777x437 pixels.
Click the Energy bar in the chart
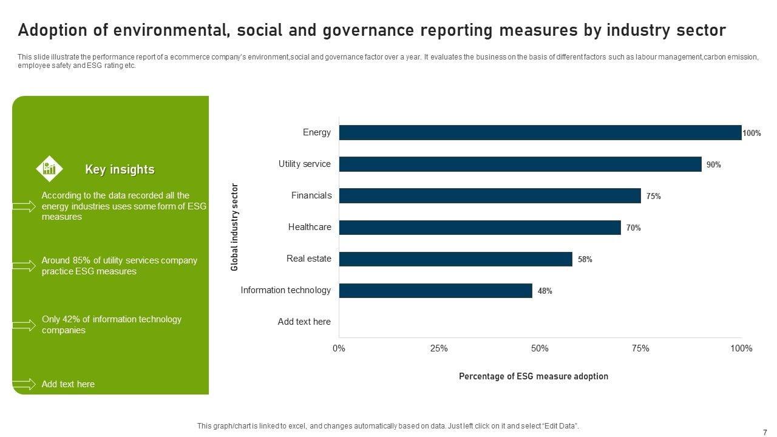[540, 132]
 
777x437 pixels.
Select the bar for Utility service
[520, 164]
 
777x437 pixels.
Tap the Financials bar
[490, 195]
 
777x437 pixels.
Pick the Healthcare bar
[480, 227]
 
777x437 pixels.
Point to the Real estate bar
[455, 259]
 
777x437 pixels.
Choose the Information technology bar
[435, 290]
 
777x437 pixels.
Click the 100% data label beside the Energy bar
[752, 133]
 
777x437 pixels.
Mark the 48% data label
[545, 291]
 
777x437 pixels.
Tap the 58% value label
[585, 259]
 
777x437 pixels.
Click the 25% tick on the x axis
[439, 348]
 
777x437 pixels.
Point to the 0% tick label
[339, 348]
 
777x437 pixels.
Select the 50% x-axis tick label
[540, 348]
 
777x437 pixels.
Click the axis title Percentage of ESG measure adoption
[533, 376]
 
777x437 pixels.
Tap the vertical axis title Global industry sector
[235, 227]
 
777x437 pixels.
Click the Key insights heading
[120, 169]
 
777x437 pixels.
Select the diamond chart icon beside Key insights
[49, 169]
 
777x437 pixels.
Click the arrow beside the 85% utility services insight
[24, 266]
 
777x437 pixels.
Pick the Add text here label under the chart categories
[304, 322]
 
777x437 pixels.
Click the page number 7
[764, 432]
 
